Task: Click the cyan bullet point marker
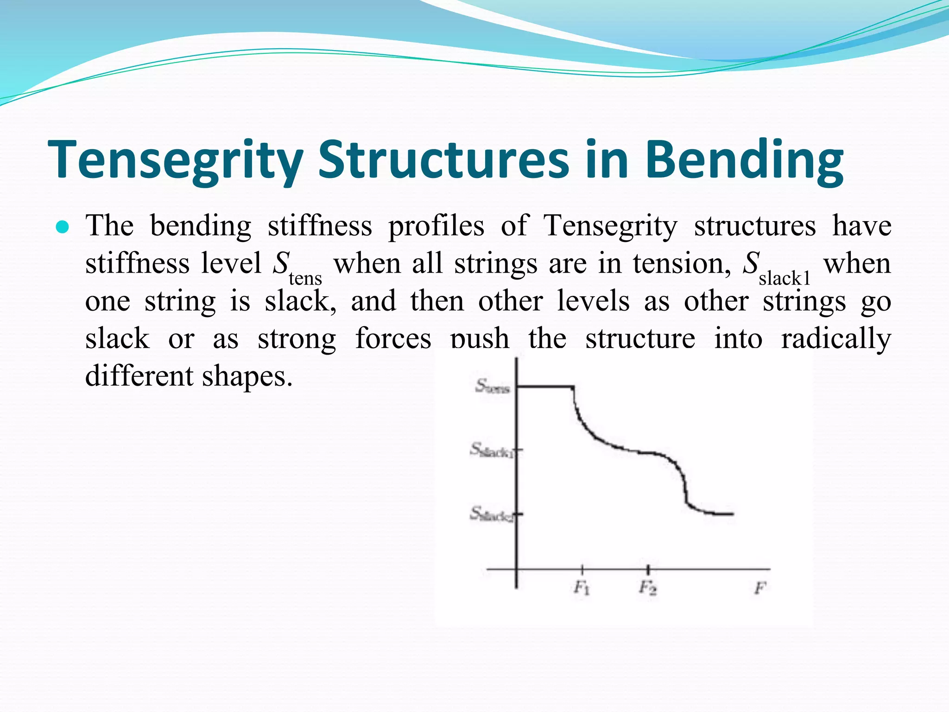click(x=62, y=228)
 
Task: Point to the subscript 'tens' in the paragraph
click(x=305, y=279)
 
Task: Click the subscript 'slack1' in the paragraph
click(x=785, y=279)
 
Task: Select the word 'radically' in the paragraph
click(x=836, y=338)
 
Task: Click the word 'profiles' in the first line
click(x=436, y=227)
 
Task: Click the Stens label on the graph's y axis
click(x=492, y=386)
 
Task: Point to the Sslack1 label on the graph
click(x=492, y=450)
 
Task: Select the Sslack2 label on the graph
click(x=492, y=514)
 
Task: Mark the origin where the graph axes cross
click(x=517, y=569)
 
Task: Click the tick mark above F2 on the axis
click(x=648, y=569)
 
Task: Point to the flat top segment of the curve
click(x=545, y=386)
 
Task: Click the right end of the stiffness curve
click(x=732, y=514)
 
